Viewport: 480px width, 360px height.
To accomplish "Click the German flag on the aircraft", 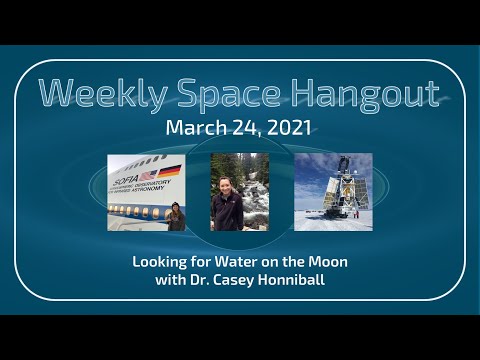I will [x=171, y=169].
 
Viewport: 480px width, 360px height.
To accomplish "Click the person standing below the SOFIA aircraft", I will [x=176, y=216].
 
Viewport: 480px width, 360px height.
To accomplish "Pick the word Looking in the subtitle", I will [x=159, y=261].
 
